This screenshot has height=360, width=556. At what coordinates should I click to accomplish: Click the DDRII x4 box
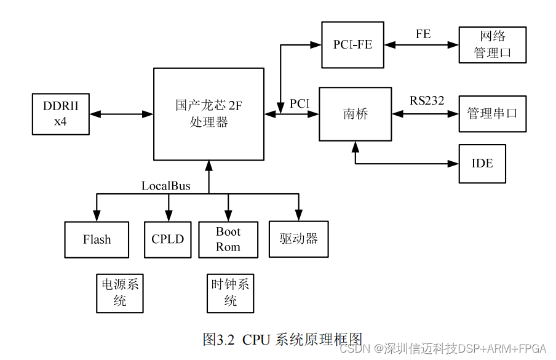[x=60, y=114]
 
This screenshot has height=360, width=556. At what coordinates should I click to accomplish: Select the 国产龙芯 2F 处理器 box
[x=209, y=114]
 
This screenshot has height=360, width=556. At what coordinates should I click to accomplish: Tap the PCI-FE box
[x=353, y=44]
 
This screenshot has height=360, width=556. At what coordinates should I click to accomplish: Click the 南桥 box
[x=355, y=114]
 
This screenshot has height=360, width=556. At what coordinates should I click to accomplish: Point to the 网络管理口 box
[x=493, y=44]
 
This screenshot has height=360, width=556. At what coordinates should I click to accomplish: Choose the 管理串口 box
[x=493, y=114]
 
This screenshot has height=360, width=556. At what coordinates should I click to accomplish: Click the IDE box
[x=482, y=164]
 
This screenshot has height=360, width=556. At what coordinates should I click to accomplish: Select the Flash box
[x=97, y=239]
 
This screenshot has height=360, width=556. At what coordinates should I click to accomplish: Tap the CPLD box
[x=167, y=239]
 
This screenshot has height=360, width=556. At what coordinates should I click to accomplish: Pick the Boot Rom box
[x=228, y=239]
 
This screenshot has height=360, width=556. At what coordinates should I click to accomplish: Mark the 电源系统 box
[x=120, y=293]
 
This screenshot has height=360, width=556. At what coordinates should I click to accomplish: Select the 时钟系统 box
[x=230, y=293]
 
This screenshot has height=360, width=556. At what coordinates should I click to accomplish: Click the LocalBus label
[x=166, y=186]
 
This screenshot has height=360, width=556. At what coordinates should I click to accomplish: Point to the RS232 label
[x=427, y=100]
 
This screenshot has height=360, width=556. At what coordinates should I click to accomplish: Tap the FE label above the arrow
[x=423, y=34]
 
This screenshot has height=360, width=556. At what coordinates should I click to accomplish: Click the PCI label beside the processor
[x=300, y=103]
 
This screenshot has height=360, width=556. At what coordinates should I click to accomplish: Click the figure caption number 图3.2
[x=219, y=339]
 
